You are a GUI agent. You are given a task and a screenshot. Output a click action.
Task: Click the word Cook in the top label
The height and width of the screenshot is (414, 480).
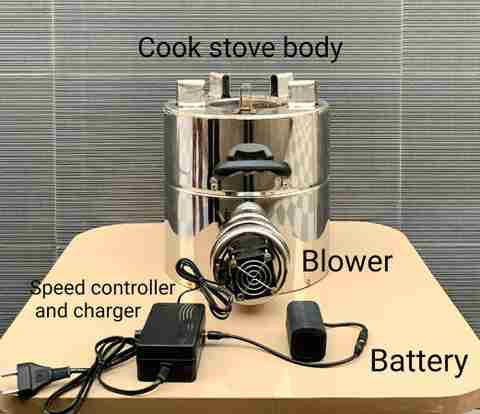[x=169, y=47]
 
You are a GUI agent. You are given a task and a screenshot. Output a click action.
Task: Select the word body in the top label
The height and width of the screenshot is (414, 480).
[x=312, y=49]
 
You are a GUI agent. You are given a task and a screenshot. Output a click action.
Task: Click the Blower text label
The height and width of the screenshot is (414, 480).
[x=347, y=261]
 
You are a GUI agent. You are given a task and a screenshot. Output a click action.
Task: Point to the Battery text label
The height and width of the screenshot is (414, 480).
[x=419, y=361]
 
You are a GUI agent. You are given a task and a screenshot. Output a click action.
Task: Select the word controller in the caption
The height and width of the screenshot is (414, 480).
[x=133, y=288]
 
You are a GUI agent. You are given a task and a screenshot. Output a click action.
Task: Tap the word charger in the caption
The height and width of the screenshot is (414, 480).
[x=107, y=312]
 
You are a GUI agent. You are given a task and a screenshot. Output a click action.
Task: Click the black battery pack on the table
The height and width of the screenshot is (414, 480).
[x=306, y=332]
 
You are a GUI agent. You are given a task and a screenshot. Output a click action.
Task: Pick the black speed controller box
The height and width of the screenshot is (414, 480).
[x=170, y=342]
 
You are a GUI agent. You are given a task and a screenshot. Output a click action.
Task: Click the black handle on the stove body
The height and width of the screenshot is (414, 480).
[x=251, y=162]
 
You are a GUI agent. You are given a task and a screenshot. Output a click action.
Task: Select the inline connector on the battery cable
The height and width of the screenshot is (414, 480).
[x=362, y=337]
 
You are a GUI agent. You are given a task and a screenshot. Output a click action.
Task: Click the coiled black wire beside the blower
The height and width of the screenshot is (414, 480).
[x=203, y=287]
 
